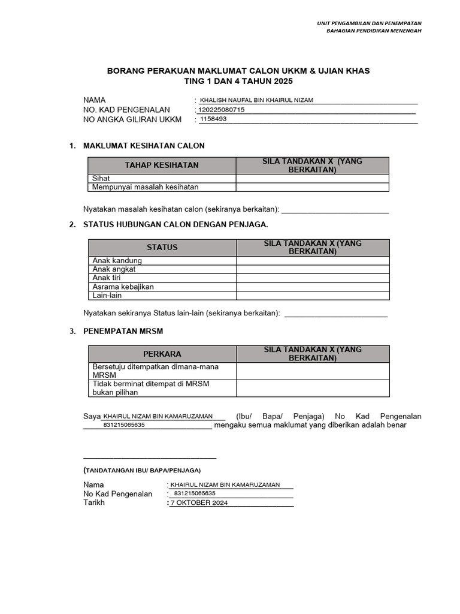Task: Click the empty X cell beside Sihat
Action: pyautogui.click(x=312, y=179)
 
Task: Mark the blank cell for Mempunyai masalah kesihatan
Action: pyautogui.click(x=312, y=187)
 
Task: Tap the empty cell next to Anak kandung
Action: pyautogui.click(x=312, y=261)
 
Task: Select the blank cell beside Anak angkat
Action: pyautogui.click(x=312, y=269)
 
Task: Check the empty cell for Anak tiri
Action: pyautogui.click(x=312, y=278)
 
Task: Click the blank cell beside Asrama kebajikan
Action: pyautogui.click(x=312, y=287)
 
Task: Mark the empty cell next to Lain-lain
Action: pyautogui.click(x=312, y=296)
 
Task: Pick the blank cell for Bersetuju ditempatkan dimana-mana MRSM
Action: pyautogui.click(x=312, y=371)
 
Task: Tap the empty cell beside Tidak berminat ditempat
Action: pyautogui.click(x=312, y=388)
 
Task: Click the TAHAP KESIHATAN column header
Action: pyautogui.click(x=162, y=165)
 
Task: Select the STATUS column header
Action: pyautogui.click(x=162, y=247)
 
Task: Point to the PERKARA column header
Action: pyautogui.click(x=162, y=354)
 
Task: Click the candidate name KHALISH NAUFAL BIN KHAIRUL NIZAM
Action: pyautogui.click(x=256, y=101)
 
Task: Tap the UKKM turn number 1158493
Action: pyautogui.click(x=213, y=119)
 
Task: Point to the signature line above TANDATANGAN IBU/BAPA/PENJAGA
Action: pyautogui.click(x=150, y=458)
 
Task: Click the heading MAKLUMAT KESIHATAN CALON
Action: pyautogui.click(x=144, y=146)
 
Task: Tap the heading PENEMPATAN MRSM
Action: pyautogui.click(x=123, y=331)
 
